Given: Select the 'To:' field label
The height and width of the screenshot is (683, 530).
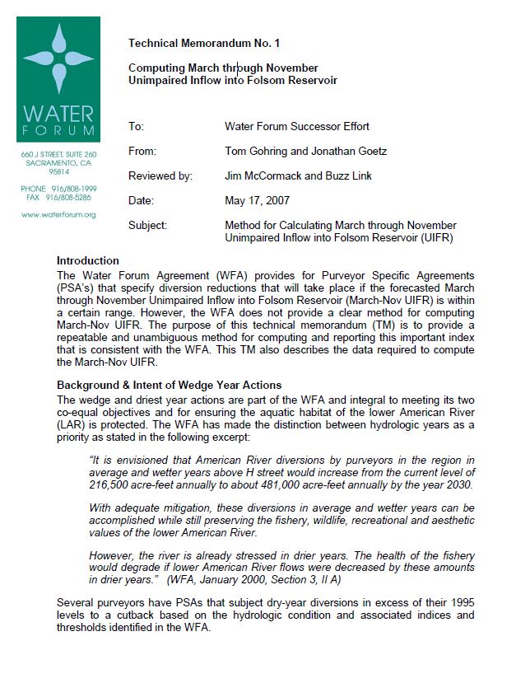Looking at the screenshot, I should point(136,127).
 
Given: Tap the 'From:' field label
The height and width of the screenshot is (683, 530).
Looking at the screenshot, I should point(142,152).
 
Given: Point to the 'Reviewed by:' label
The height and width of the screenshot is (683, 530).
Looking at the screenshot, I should point(160,176).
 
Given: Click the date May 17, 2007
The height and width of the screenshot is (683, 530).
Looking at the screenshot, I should point(257,200).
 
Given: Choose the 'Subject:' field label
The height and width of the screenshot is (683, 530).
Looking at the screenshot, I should point(148,225).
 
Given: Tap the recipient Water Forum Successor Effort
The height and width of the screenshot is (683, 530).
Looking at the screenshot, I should point(297,127).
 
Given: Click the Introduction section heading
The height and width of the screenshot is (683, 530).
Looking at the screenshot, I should point(88,260).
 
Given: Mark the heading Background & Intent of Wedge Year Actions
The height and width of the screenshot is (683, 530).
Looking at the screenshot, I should point(169,385).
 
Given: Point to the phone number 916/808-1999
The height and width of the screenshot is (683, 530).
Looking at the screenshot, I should point(71,189).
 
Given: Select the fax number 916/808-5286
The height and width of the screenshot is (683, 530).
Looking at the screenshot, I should point(71,198).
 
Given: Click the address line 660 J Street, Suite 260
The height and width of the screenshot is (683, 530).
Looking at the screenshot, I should point(58,154).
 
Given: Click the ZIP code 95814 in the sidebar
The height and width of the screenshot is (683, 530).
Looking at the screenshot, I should point(58,172).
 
